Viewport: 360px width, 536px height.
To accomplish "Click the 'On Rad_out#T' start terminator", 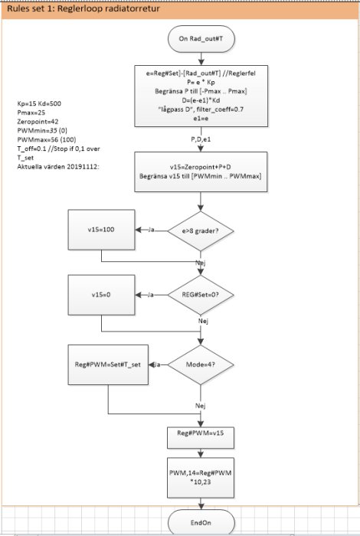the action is tap(201, 39).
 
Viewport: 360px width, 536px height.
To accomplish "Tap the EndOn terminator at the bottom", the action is tap(201, 522).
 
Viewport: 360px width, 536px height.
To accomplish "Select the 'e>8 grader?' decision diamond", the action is tap(201, 230).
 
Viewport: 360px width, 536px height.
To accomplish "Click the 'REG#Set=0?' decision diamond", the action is tap(201, 295).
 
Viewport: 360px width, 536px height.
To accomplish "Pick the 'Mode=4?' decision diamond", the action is tap(201, 364).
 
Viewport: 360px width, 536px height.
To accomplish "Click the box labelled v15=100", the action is tap(101, 230).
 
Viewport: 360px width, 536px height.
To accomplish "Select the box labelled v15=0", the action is tap(101, 295).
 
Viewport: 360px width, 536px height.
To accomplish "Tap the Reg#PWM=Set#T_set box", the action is tap(108, 364).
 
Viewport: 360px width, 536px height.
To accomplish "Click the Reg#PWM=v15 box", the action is tap(201, 437).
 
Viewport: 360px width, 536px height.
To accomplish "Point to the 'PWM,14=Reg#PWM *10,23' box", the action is tap(201, 478).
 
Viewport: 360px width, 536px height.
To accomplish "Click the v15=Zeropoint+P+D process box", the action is tap(201, 172).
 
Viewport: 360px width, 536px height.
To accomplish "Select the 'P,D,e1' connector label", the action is tap(201, 139).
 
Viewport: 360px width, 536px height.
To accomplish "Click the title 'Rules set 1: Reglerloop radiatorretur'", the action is tap(83, 8).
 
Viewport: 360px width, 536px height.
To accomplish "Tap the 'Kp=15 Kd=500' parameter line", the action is tap(39, 103).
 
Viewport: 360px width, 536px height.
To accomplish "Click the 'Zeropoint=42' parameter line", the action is tap(38, 121).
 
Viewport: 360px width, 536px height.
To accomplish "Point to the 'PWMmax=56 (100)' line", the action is tap(47, 139).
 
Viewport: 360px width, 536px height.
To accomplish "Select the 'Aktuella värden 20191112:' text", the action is tap(58, 167).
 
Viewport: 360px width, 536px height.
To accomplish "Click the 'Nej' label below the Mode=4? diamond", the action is tap(201, 406).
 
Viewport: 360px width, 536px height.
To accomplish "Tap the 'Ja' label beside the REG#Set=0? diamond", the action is tap(150, 295).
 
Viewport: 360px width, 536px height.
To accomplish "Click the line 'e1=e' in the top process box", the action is tap(201, 118).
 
